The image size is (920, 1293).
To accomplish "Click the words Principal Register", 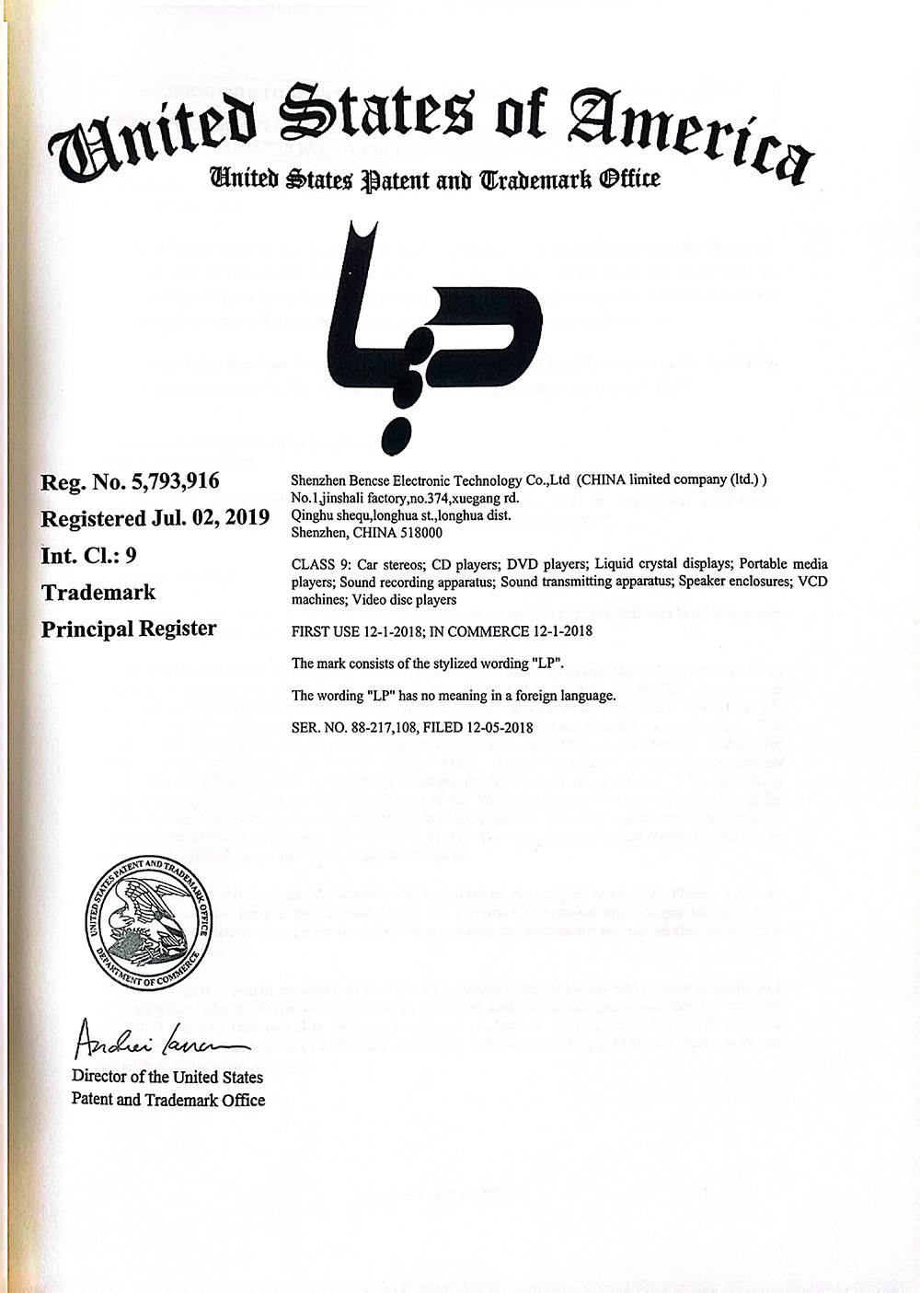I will (x=129, y=629).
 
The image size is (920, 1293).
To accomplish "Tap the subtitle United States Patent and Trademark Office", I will (x=434, y=178).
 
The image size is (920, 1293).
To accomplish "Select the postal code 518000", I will (x=419, y=532).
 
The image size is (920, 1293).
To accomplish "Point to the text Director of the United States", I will (x=167, y=1077).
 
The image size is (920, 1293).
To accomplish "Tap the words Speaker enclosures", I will (x=739, y=582).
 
